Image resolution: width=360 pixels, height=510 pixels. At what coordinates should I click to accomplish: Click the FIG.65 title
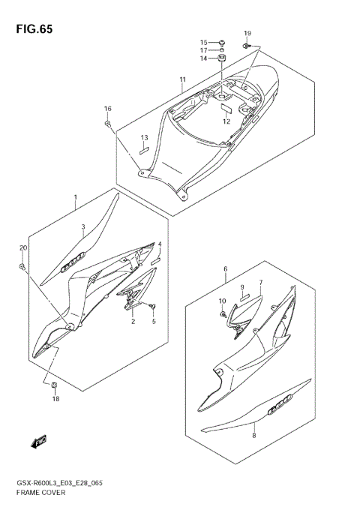coord(31,29)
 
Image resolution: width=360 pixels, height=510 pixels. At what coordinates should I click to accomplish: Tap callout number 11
coord(182,80)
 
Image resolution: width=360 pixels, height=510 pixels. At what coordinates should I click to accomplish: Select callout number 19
coord(247,34)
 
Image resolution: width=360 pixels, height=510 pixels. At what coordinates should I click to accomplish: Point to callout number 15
coord(203,42)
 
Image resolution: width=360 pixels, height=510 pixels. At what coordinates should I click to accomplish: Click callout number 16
coord(108,109)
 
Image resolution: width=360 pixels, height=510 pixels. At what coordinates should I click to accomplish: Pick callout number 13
coord(145,137)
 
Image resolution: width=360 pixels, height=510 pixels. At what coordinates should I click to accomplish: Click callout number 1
coord(75,198)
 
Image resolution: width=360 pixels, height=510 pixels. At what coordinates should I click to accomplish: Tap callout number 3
coord(83,226)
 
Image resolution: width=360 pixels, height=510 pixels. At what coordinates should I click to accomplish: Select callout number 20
coord(22,248)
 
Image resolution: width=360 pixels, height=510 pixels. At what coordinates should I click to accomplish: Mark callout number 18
coord(55,399)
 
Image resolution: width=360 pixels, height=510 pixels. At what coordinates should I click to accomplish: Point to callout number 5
coord(153,321)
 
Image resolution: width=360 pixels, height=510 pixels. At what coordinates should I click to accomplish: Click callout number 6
coord(225,268)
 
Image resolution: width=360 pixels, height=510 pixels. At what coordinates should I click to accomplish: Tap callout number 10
coord(223,301)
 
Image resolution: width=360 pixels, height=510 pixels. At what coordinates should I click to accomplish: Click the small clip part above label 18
coord(54,386)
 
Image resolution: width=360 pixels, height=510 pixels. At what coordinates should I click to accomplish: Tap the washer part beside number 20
coord(23,265)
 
